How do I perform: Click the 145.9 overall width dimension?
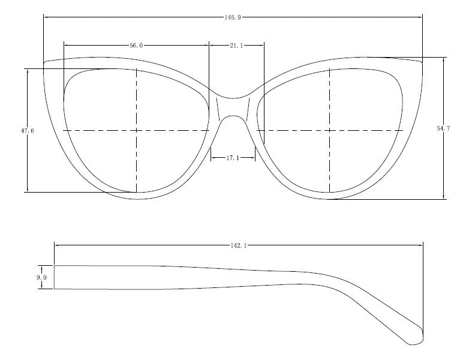(233, 17)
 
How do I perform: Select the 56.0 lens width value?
(136, 46)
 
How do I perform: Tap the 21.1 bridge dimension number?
(236, 46)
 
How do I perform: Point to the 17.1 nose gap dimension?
(233, 158)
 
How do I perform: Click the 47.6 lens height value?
(28, 131)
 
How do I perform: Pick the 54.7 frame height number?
(443, 128)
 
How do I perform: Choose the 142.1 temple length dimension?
(239, 245)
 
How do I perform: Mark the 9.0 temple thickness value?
(41, 277)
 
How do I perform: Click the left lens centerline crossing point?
(136, 131)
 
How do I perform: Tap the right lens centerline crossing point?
(330, 131)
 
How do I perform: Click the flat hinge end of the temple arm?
(54, 277)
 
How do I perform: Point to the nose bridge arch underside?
(233, 116)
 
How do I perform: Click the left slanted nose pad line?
(218, 109)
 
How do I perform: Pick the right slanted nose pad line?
(248, 109)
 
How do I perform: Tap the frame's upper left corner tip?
(44, 63)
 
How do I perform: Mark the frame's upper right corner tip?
(422, 63)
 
